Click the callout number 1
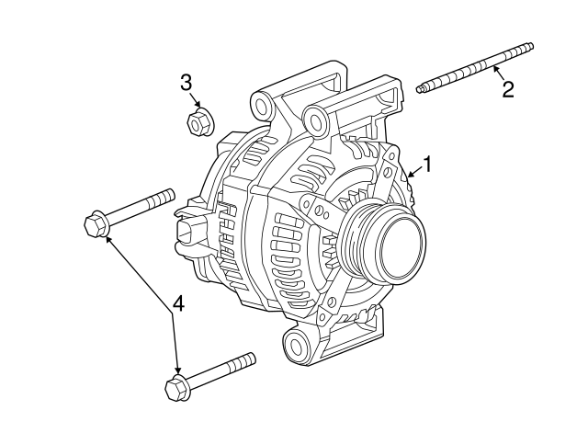click(427, 164)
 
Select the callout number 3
click(186, 84)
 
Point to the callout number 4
click(179, 303)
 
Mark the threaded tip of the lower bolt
click(248, 359)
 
